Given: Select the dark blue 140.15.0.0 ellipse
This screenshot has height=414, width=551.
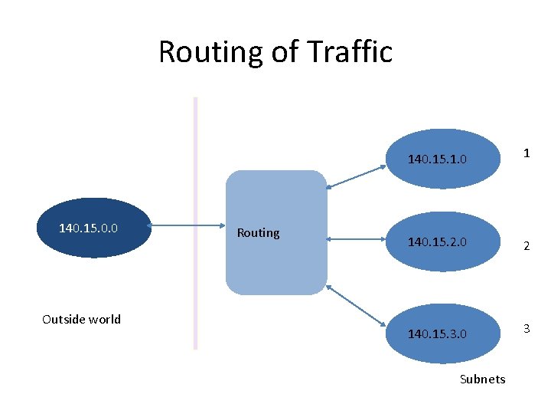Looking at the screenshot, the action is coord(94,228).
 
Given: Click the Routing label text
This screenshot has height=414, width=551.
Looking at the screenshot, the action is coord(258,232).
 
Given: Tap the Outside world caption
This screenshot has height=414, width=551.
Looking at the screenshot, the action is coord(81,319).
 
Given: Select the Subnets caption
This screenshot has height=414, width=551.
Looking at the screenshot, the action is coord(482,379).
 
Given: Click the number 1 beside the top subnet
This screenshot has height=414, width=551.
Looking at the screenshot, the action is coord(526,153).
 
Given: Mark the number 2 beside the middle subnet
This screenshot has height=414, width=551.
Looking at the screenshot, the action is coord(526,246).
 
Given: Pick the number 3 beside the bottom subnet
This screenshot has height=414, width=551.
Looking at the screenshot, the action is coord(526,329).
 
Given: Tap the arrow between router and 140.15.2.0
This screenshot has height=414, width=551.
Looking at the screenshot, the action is coord(356,240).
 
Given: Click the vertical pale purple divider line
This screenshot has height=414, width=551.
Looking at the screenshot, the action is coord(195,222).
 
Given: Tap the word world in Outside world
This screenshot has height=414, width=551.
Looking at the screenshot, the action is coord(104,319).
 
